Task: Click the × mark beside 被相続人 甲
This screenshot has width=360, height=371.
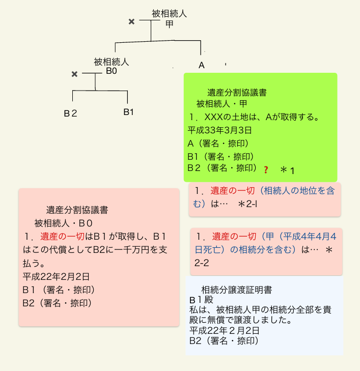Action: click(x=131, y=21)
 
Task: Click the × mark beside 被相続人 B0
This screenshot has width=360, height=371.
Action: click(x=74, y=74)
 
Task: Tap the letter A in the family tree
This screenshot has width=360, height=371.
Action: click(x=202, y=65)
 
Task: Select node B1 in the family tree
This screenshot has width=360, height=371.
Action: click(x=128, y=111)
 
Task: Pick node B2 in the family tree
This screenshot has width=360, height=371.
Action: click(x=70, y=113)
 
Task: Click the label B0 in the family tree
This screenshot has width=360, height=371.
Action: click(x=112, y=71)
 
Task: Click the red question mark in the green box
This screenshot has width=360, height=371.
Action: click(x=266, y=169)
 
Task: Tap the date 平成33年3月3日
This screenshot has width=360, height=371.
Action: click(x=220, y=130)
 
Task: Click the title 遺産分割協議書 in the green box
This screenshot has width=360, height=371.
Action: click(x=237, y=93)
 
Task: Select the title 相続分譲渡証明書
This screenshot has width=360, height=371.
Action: click(x=236, y=290)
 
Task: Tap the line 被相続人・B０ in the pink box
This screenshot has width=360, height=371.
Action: click(x=64, y=223)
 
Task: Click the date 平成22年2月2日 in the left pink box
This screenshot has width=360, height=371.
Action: click(x=56, y=277)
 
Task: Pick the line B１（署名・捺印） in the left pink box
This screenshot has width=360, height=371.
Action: click(x=58, y=290)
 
